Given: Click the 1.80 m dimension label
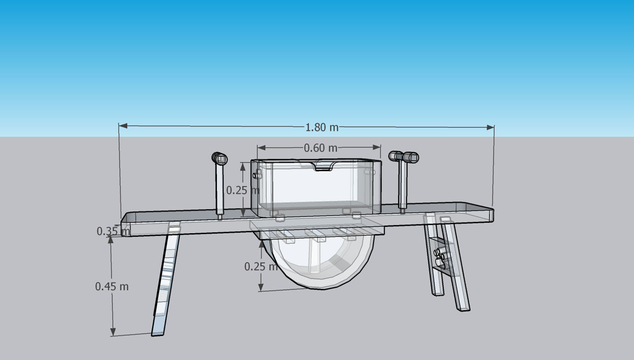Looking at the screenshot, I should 322,127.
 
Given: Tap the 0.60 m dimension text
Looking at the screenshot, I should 320,148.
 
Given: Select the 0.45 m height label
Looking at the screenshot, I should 112,286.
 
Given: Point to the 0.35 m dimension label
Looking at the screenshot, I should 112,231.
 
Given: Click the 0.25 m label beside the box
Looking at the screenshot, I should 242,190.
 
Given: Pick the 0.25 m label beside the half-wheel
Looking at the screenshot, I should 260,267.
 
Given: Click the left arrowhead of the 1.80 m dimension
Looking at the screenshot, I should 123,125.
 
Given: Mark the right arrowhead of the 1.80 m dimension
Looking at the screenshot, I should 491,127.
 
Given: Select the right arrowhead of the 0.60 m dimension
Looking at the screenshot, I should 377,147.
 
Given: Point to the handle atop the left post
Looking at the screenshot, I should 219,158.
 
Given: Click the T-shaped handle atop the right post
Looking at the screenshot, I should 404,157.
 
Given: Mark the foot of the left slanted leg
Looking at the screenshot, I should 158,333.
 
